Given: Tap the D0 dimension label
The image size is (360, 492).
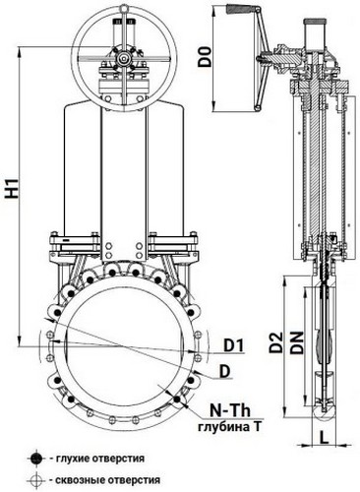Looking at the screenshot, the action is click(206, 57).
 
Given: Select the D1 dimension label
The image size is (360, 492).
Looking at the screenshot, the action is click(234, 345).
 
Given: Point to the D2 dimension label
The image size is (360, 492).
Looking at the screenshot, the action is click(275, 342).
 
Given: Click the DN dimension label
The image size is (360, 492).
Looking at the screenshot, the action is click(297, 342).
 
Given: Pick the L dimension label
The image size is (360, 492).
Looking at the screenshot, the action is click(324, 437).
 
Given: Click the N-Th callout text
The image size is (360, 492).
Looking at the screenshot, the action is click(230, 410).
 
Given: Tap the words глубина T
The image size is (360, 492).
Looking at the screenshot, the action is click(229, 427).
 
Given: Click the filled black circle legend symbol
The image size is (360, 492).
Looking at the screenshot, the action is click(36, 459).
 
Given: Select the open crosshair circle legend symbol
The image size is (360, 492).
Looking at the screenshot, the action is click(36, 480).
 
